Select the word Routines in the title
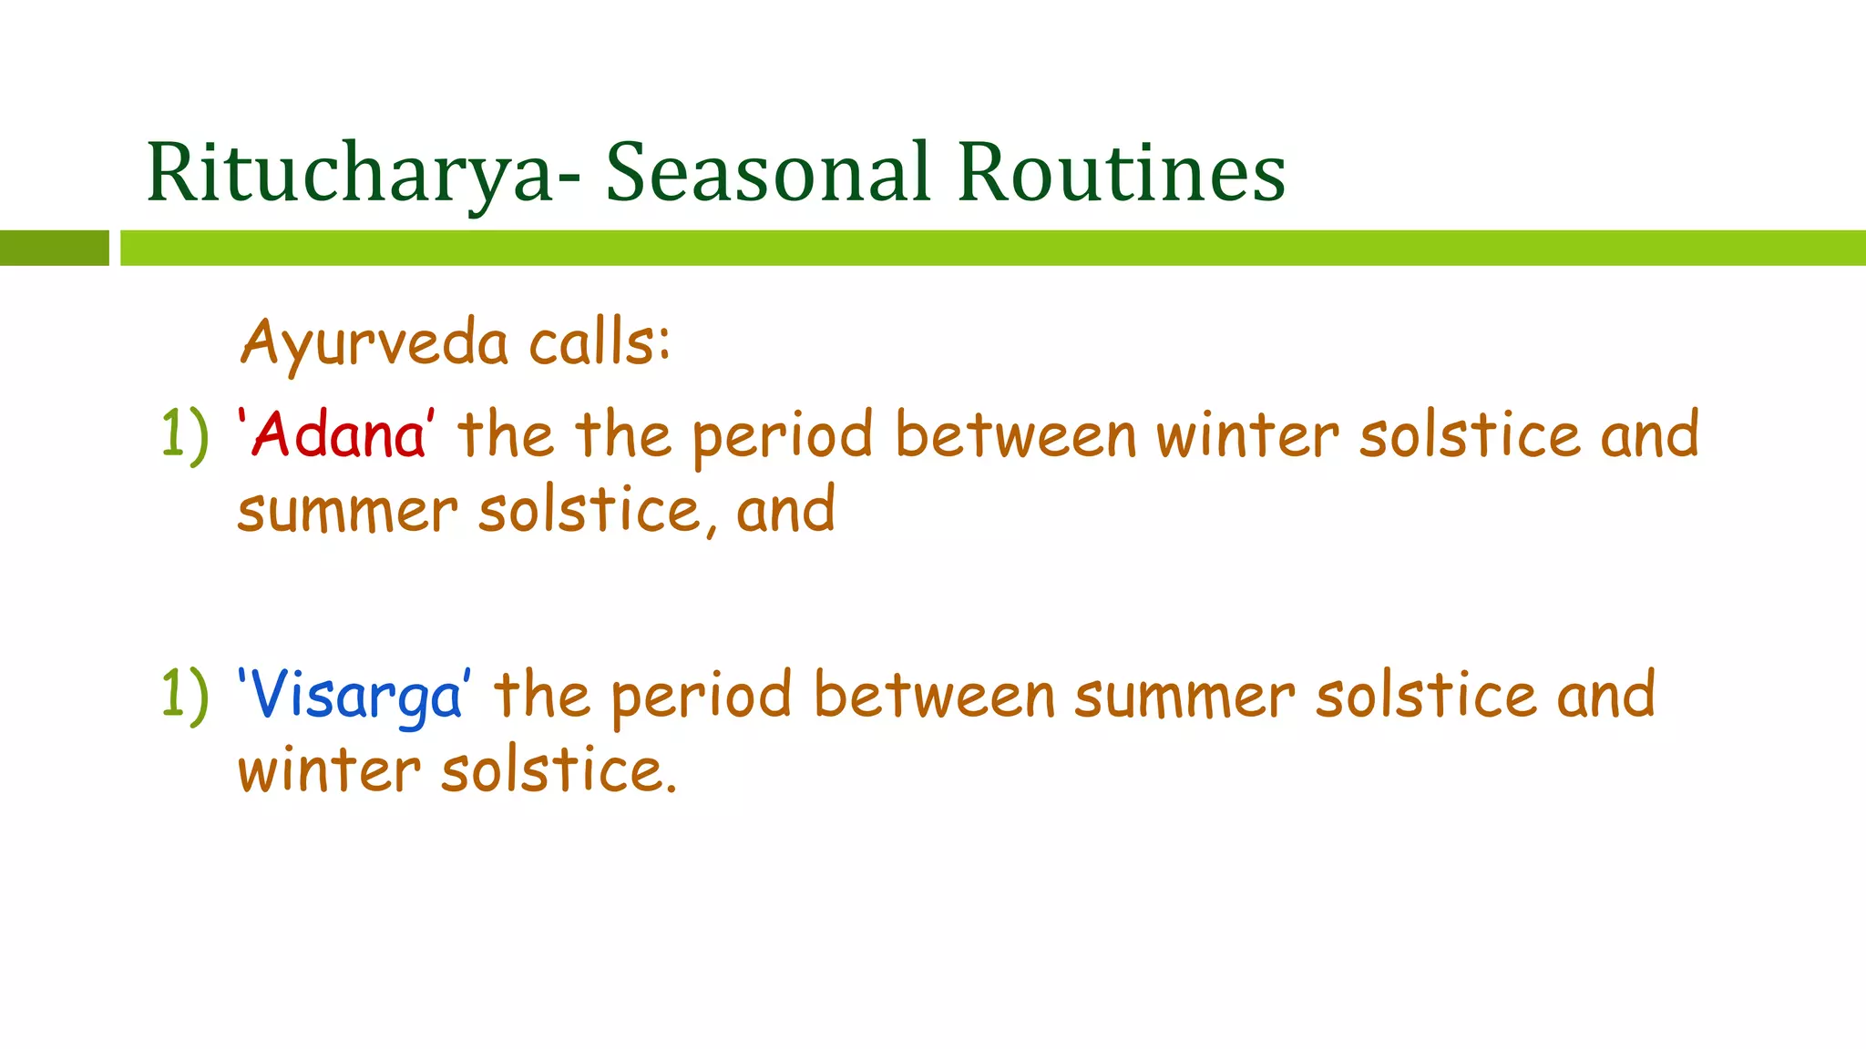[1121, 173]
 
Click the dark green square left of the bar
[54, 248]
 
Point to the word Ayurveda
[374, 344]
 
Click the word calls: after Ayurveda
[600, 344]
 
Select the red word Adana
[337, 435]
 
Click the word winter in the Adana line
[1247, 435]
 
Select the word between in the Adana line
[1016, 435]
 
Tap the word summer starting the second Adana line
[347, 512]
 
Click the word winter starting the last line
[329, 772]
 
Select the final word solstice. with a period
[559, 772]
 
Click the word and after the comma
[785, 511]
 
